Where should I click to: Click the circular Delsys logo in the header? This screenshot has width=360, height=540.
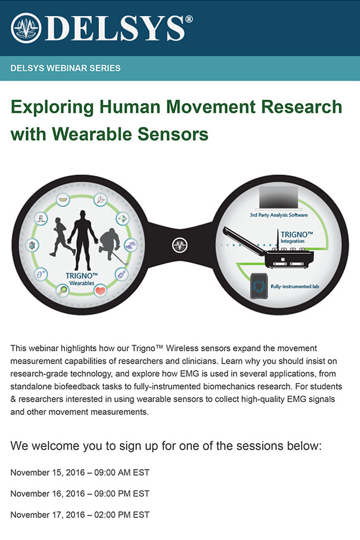point(26,28)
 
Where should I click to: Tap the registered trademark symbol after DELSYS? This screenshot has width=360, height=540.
point(189,20)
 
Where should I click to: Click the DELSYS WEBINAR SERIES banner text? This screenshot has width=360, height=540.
point(66,68)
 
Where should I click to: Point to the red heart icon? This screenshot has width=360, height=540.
point(100,291)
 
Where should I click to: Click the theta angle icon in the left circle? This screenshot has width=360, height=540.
point(41,275)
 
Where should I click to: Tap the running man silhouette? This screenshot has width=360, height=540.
point(61,237)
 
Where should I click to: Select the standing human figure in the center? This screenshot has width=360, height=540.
point(83,240)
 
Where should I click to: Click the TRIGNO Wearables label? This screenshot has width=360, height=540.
point(82,279)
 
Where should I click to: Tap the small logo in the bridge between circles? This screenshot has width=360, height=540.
point(180,246)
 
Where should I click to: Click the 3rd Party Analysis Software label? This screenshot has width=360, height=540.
point(279,215)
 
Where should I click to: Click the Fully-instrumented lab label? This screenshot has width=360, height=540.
point(295,287)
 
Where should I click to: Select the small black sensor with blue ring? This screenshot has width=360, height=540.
point(259,286)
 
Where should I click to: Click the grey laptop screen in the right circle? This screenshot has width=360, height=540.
point(279,197)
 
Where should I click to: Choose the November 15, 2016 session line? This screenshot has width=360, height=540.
point(80,473)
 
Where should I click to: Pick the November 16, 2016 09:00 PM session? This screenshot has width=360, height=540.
point(80,494)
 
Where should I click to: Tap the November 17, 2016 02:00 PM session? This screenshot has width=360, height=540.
point(80,515)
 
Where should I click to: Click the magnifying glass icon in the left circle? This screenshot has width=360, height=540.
point(63,291)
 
